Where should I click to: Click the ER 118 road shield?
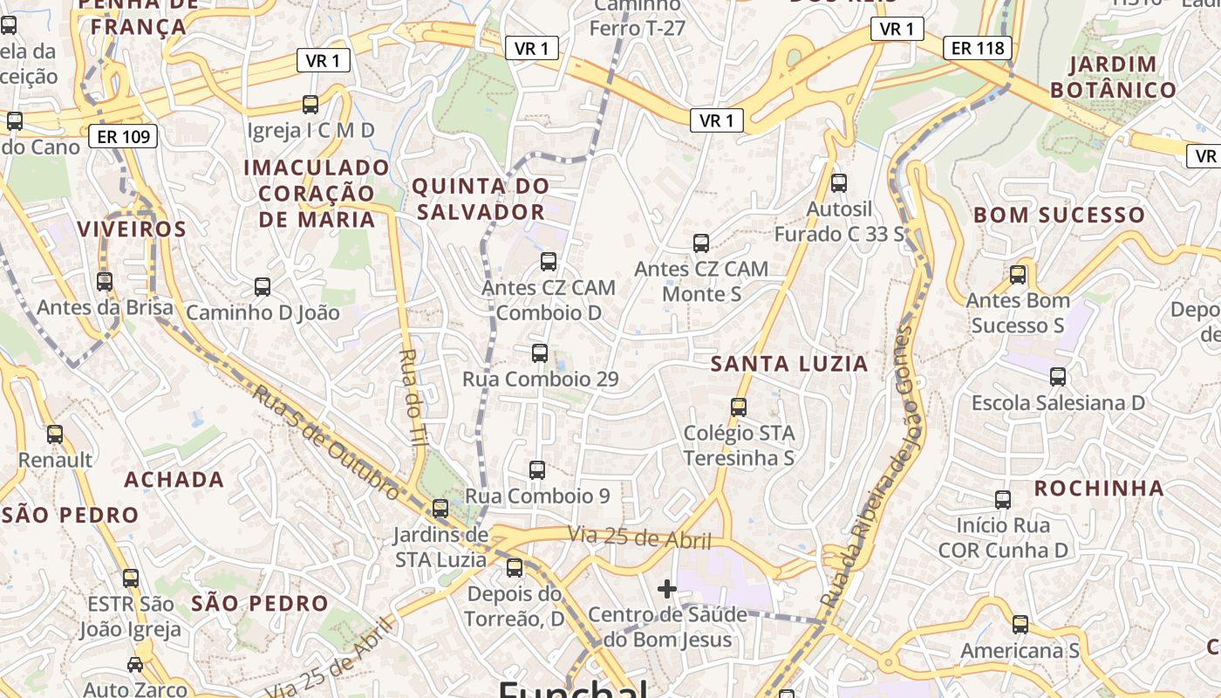978,48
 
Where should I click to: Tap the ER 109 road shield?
123,136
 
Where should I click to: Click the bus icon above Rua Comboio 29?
540,353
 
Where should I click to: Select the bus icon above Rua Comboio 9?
537,470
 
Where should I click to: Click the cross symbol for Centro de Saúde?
667,589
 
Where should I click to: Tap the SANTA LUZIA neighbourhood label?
789,364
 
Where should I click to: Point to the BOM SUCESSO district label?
1059,215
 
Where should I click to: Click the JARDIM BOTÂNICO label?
1113,77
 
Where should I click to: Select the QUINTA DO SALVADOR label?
480,199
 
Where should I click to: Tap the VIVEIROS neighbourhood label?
132,229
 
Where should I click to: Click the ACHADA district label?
174,479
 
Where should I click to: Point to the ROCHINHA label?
1099,489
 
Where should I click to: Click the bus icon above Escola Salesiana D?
1058,377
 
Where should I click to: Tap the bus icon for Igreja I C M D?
310,105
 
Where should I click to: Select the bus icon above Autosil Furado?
839,183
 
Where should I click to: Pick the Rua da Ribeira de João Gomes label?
873,467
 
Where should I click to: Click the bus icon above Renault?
55,434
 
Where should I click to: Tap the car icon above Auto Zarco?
135,665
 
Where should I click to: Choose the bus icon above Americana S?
1020,625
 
